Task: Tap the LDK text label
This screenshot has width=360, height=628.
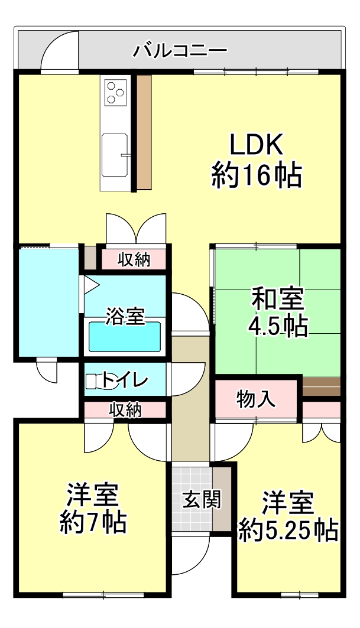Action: coord(256,145)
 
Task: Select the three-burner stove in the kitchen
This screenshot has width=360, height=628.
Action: coord(115,92)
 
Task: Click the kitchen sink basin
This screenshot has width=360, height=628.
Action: coord(115,155)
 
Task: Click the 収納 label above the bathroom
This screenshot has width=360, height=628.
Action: coord(134,260)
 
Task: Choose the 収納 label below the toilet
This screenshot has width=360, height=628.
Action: coord(126,410)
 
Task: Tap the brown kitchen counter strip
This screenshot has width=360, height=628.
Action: coord(144,132)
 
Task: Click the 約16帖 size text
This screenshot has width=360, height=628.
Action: coord(257,175)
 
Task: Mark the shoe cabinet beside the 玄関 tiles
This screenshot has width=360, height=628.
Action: coord(220,499)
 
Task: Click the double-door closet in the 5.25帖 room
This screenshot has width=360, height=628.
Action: coord(321,433)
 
